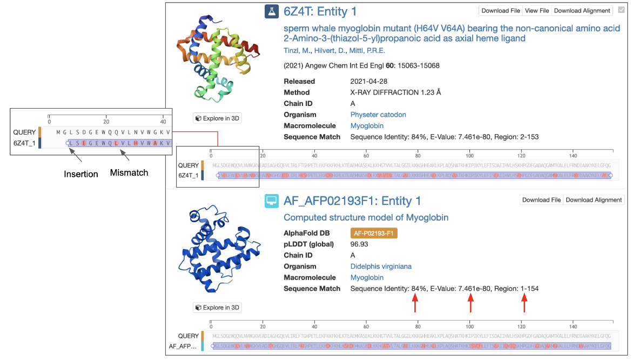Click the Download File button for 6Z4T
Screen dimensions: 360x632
pyautogui.click(x=501, y=11)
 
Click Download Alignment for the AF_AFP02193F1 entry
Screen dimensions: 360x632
pyautogui.click(x=594, y=200)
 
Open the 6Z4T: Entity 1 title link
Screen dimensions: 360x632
pyautogui.click(x=320, y=11)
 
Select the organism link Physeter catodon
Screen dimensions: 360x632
pyautogui.click(x=378, y=115)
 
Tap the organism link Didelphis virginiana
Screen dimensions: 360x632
pyautogui.click(x=381, y=266)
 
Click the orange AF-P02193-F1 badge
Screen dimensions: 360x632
pyautogui.click(x=374, y=233)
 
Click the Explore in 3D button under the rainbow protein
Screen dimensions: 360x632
pyautogui.click(x=217, y=118)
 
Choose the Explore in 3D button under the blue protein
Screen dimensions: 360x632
pyautogui.click(x=217, y=308)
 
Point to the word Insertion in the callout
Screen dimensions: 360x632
pyautogui.click(x=81, y=174)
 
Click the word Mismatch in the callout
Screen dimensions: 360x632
pyautogui.click(x=129, y=174)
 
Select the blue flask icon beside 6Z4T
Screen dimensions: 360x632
pyautogui.click(x=271, y=11)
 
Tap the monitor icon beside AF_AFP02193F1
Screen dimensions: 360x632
pyautogui.click(x=271, y=201)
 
